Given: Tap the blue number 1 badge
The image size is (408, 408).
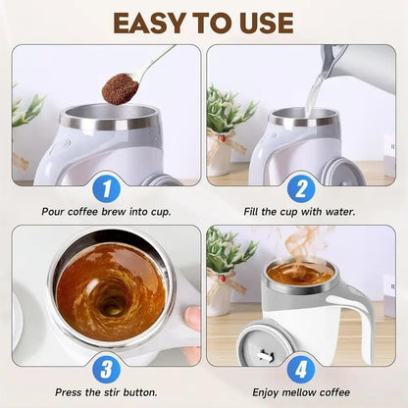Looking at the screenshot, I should pyautogui.click(x=107, y=188).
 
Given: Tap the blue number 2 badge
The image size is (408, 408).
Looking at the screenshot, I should pyautogui.click(x=301, y=188).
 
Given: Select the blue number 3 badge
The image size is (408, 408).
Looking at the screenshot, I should pyautogui.click(x=107, y=370).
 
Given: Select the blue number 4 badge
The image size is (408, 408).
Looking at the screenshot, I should pyautogui.click(x=301, y=370).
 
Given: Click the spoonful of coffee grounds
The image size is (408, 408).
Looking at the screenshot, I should pyautogui.click(x=120, y=87).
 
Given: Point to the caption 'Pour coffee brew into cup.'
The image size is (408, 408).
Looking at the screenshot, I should pyautogui.click(x=107, y=211).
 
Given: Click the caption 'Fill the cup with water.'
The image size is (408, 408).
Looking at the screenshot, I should pyautogui.click(x=301, y=211).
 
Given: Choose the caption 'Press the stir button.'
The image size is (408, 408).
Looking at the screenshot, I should pyautogui.click(x=107, y=391).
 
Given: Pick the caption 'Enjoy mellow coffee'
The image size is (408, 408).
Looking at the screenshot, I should pyautogui.click(x=301, y=391).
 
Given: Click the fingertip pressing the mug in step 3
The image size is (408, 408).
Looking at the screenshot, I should pyautogui.click(x=192, y=319).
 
